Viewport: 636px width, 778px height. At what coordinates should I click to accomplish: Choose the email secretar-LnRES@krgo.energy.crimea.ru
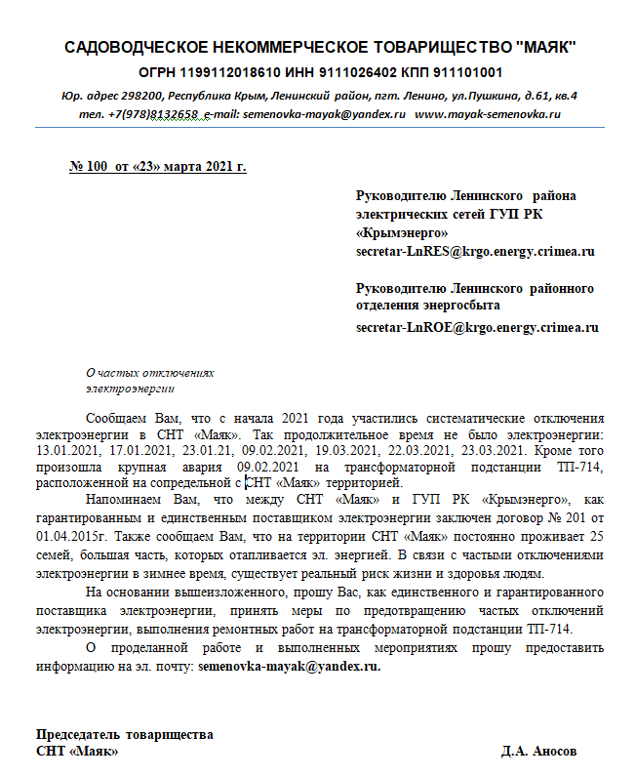[x=475, y=251]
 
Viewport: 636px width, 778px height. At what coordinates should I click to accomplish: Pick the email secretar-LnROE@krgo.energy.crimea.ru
[x=477, y=327]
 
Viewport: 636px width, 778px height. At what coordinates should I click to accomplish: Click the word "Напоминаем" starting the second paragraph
[x=121, y=499]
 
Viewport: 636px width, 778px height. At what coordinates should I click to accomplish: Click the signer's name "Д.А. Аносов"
[x=538, y=752]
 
